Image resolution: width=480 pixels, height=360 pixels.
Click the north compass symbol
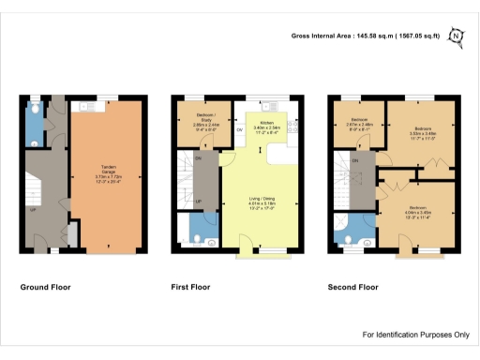(x=457, y=37)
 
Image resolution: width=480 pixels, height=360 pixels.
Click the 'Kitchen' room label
(x=266, y=127)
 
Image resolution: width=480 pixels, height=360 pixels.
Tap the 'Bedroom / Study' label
(x=198, y=122)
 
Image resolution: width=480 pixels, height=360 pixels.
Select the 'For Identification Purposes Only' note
(x=415, y=335)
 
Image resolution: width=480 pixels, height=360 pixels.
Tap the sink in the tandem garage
(x=86, y=107)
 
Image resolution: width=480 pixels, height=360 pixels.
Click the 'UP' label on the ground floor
(x=33, y=210)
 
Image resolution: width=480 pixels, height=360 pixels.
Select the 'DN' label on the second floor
(x=355, y=160)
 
